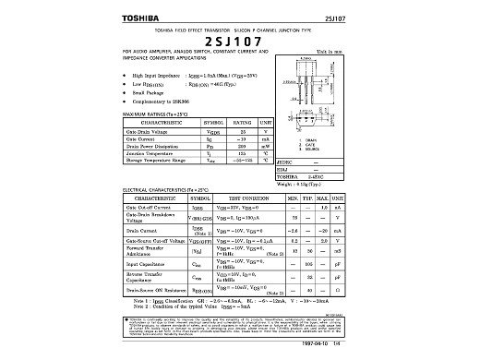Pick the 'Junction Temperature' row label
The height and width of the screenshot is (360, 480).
point(146,154)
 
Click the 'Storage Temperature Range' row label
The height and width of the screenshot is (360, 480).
point(151,162)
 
